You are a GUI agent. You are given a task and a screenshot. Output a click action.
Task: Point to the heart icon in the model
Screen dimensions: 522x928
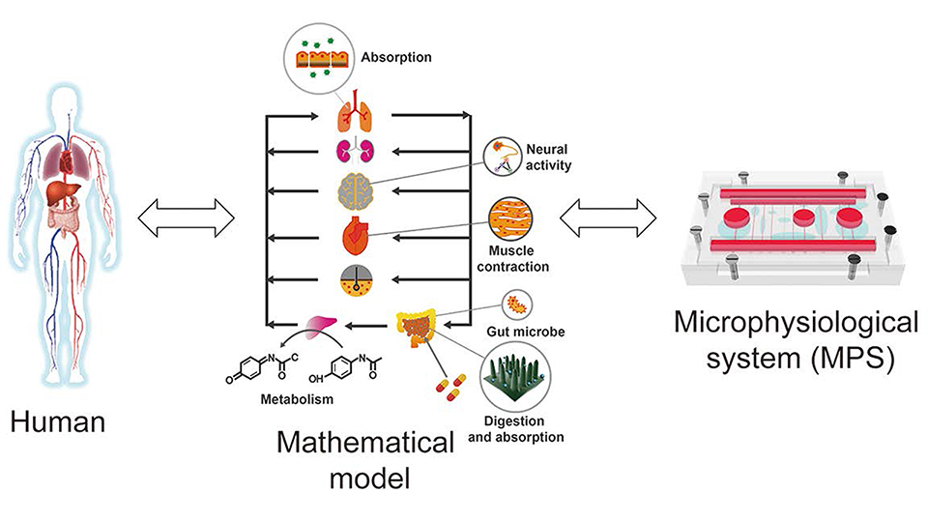coord(353,235)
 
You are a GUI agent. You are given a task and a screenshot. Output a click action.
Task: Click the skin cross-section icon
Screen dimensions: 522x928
coord(353,280)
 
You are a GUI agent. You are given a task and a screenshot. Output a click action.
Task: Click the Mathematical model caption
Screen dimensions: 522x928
coord(365,460)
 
